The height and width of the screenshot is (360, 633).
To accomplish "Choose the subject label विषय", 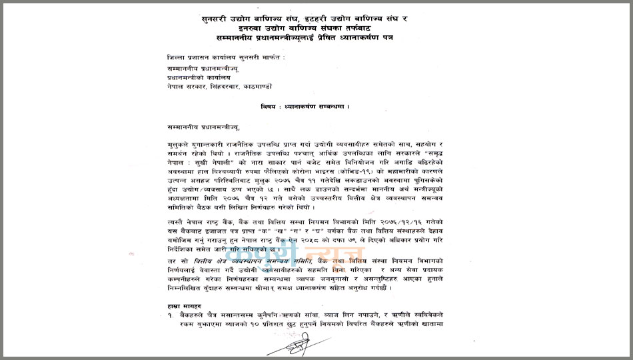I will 271,107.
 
